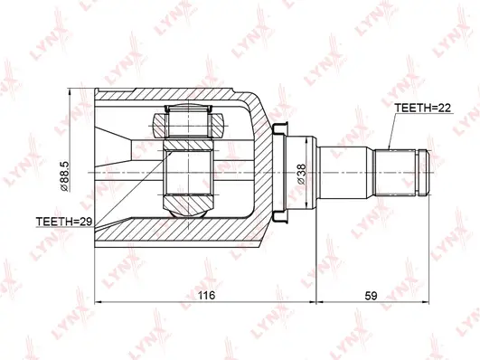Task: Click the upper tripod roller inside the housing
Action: point(187,121)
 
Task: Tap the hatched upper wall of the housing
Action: point(181,96)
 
